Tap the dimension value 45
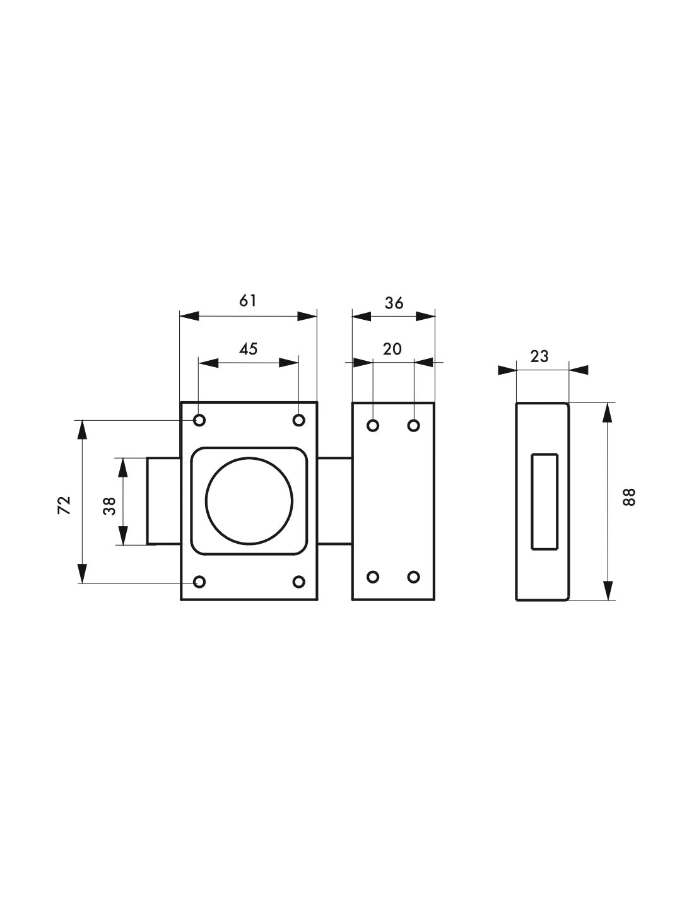248,349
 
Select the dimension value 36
394,303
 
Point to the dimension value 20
392,349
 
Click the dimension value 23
539,356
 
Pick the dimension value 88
630,497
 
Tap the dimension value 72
64,505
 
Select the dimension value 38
110,506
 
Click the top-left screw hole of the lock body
199,421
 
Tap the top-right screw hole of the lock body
298,421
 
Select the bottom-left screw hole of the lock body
199,582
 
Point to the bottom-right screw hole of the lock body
298,582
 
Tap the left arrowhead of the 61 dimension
189,317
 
